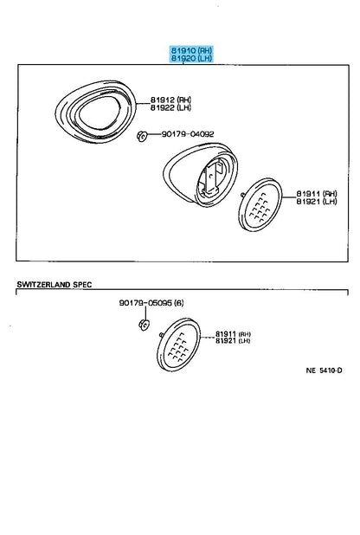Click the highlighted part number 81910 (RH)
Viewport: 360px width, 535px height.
191,50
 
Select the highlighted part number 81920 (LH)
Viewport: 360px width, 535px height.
191,58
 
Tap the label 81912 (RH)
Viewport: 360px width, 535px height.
170,100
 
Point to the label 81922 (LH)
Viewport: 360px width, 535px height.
170,108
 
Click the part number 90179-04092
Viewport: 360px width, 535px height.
188,134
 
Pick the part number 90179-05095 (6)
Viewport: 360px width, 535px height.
151,303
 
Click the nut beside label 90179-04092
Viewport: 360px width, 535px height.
141,136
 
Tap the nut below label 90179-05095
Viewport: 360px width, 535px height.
144,325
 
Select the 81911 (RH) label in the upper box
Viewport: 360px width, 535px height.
317,193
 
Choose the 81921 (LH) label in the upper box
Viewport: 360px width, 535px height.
317,202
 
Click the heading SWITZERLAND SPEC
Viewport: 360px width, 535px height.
55,284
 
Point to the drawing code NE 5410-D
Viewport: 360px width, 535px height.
324,371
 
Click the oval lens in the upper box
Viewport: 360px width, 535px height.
260,204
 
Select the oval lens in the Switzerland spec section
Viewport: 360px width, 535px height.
178,344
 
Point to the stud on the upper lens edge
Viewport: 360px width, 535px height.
242,195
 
